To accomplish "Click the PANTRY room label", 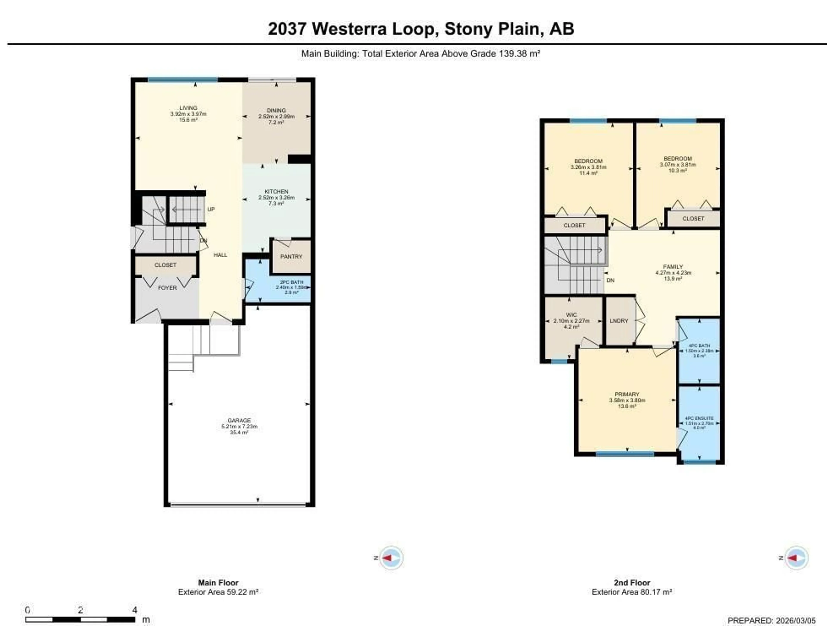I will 291,257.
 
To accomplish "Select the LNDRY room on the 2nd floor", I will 619,321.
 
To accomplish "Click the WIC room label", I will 571,315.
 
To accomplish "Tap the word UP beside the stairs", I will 211,209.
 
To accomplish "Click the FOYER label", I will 167,288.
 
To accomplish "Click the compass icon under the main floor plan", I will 391,558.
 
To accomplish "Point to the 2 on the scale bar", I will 80,610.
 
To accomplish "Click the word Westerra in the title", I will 349,29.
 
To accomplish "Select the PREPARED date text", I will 771,620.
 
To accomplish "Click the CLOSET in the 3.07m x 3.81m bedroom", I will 693,219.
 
